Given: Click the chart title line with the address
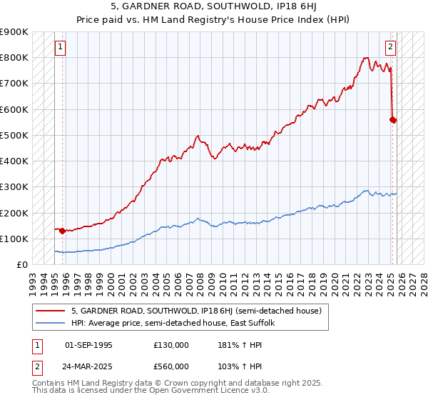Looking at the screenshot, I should point(213,8).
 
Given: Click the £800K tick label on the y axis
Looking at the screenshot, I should point(14,58).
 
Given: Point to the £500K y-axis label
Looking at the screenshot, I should point(14,136).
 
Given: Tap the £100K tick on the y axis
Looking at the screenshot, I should point(14,239).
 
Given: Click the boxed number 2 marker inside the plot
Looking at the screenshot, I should point(391,48).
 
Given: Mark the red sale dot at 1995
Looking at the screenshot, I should point(62,231).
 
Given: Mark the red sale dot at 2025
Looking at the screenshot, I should point(393,120).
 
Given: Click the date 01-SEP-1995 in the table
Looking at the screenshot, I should point(88,345).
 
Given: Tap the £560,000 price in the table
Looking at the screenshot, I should point(170,366).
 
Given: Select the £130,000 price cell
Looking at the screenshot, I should point(170,345).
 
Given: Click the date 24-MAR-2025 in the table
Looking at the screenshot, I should point(88,366).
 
